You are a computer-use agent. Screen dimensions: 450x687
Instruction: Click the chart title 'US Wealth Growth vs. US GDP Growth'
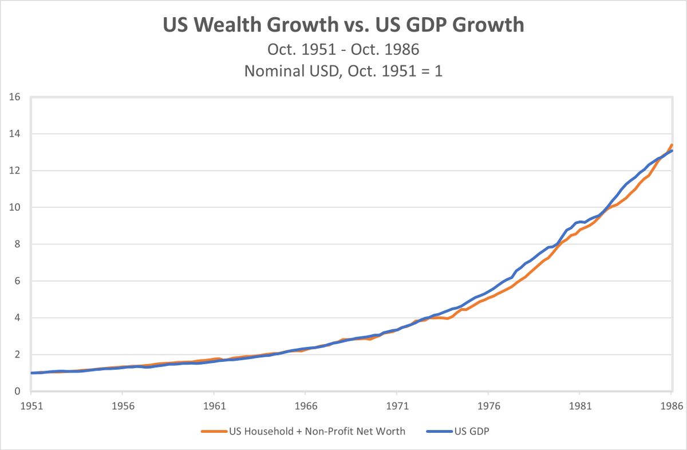coord(343,26)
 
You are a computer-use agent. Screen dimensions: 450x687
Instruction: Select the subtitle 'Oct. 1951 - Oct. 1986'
coord(343,49)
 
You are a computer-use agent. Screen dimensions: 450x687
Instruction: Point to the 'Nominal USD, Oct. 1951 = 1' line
coord(343,71)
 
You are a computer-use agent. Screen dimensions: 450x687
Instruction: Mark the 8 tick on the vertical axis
coord(18,244)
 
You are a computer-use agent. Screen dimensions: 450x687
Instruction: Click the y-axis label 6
coord(18,281)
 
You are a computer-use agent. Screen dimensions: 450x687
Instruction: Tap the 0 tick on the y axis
coord(18,392)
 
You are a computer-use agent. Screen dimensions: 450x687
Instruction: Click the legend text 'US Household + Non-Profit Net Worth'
coord(317,432)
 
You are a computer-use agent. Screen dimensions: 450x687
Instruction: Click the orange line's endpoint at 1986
coord(672,145)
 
